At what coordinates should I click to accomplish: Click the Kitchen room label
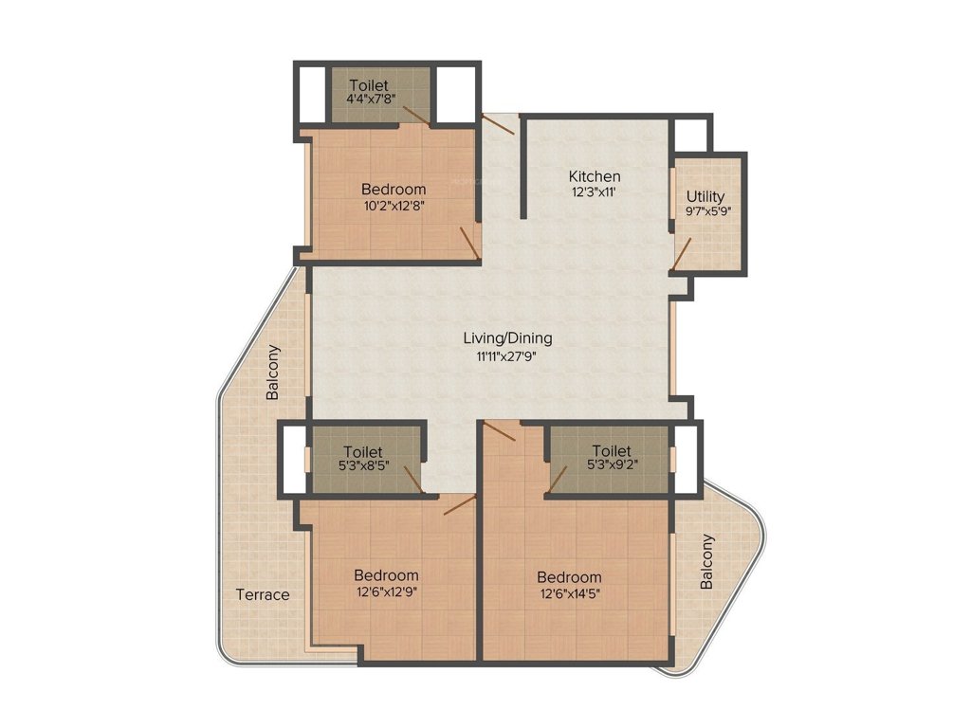pyautogui.click(x=595, y=176)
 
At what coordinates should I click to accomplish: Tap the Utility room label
pyautogui.click(x=705, y=196)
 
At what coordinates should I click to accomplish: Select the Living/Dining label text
pyautogui.click(x=507, y=337)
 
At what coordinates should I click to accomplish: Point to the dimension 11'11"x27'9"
pyautogui.click(x=507, y=356)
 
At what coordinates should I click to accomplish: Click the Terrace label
pyautogui.click(x=263, y=594)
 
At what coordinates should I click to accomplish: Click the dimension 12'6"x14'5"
pyautogui.click(x=569, y=594)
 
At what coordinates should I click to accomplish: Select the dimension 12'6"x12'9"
pyautogui.click(x=386, y=592)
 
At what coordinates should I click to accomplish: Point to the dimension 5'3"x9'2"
pyautogui.click(x=611, y=466)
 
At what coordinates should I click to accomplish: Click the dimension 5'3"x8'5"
pyautogui.click(x=362, y=468)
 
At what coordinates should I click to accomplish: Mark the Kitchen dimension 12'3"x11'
pyautogui.click(x=595, y=192)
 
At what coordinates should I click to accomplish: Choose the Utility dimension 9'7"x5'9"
pyautogui.click(x=705, y=212)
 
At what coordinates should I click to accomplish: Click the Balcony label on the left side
pyautogui.click(x=273, y=371)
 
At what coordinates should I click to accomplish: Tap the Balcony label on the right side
pyautogui.click(x=707, y=562)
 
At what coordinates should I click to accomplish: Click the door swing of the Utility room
pyautogui.click(x=683, y=252)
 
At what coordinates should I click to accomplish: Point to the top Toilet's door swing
pyautogui.click(x=415, y=115)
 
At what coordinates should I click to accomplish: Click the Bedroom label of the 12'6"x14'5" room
pyautogui.click(x=569, y=577)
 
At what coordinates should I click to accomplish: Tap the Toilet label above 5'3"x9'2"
pyautogui.click(x=611, y=450)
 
